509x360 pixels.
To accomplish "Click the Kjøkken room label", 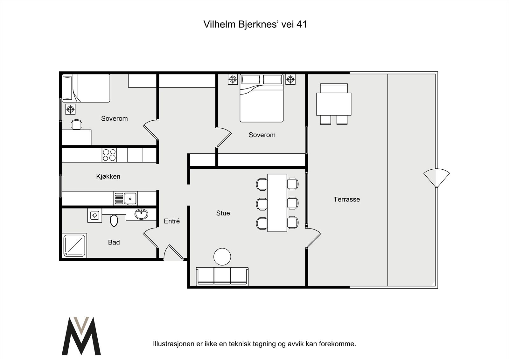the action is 108,176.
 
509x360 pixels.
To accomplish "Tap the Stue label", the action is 223,213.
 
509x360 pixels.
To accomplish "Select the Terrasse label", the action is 346,200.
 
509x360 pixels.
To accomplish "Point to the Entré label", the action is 172,221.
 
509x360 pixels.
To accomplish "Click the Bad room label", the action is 114,242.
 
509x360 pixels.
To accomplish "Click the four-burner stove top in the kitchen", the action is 109,155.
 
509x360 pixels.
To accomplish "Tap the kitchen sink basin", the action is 130,199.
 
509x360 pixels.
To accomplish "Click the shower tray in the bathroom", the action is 74,245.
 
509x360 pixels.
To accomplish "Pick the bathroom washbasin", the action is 141,214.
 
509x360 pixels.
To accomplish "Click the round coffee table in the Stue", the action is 222,257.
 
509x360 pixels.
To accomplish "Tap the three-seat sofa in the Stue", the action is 222,276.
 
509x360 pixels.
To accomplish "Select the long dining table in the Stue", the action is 277,203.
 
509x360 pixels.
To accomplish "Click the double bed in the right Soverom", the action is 261,98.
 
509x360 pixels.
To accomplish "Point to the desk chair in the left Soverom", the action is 76,124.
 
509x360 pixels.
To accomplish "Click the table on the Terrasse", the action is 334,104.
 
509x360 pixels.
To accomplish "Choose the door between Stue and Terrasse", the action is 313,238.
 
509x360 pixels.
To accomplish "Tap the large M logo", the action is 81,336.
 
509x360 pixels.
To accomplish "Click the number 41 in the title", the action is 302,24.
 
